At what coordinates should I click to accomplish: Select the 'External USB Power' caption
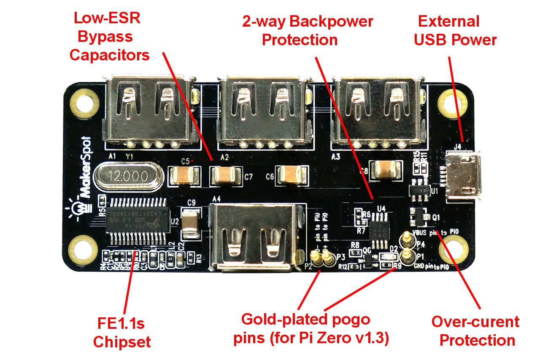click(455, 30)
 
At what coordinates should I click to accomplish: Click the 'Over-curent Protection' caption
click(475, 330)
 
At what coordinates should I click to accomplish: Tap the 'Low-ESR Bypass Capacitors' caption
click(109, 36)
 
